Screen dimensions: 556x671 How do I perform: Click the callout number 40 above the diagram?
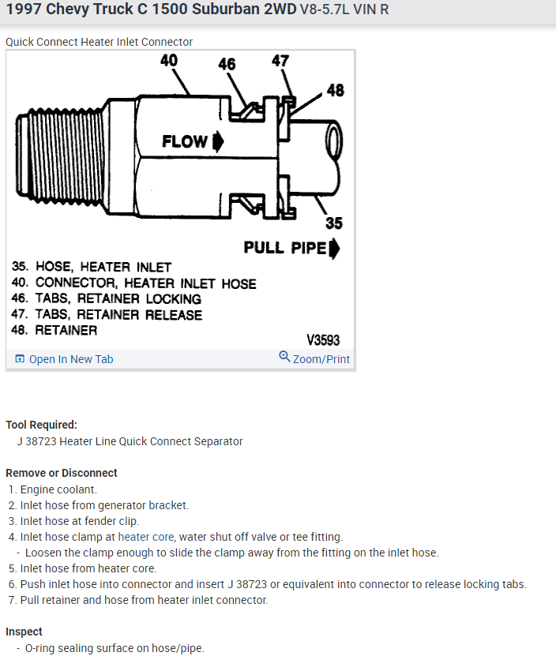click(168, 61)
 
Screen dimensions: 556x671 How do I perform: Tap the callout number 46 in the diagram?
click(227, 64)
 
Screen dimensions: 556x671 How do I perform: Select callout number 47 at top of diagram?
click(280, 61)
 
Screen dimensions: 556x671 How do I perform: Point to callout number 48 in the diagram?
click(335, 90)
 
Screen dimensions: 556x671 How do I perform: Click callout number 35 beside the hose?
click(334, 223)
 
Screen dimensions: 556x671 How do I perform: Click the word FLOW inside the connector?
click(185, 141)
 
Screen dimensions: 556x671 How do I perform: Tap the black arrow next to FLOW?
click(218, 141)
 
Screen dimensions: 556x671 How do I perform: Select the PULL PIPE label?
click(284, 248)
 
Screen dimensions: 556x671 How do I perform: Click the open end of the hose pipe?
click(333, 143)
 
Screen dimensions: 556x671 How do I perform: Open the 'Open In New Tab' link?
click(64, 359)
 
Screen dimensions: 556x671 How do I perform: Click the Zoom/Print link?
click(314, 358)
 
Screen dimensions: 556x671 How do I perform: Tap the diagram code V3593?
click(323, 340)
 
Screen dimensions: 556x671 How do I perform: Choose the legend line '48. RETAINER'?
click(54, 330)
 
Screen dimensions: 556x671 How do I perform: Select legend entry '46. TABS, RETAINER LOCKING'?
click(106, 298)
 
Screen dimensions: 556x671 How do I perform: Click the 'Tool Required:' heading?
click(41, 425)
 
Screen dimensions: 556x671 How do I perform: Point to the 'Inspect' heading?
click(24, 632)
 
